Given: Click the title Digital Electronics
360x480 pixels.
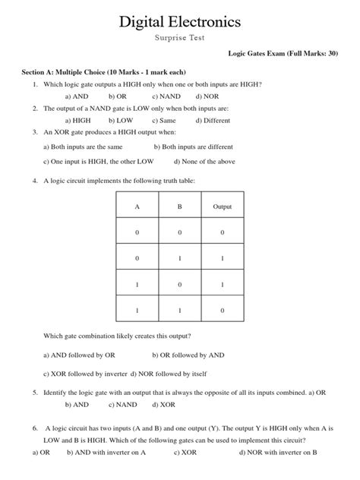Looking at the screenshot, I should tap(180, 22).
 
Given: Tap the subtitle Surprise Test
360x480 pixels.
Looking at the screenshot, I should tap(180, 38).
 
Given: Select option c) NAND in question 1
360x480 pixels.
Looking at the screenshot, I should tap(166, 96).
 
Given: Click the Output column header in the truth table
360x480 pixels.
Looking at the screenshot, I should tap(222, 207).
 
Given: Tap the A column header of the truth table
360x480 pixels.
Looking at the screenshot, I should tap(137, 207).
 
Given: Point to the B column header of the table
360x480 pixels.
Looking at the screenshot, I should tap(179, 207).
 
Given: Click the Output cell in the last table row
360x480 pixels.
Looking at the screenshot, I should tap(222, 311).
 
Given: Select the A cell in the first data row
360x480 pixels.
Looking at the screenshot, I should tap(137, 233).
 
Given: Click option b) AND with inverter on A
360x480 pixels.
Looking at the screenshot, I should tap(106, 452).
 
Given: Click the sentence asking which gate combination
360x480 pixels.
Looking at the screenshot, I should tap(117, 336).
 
